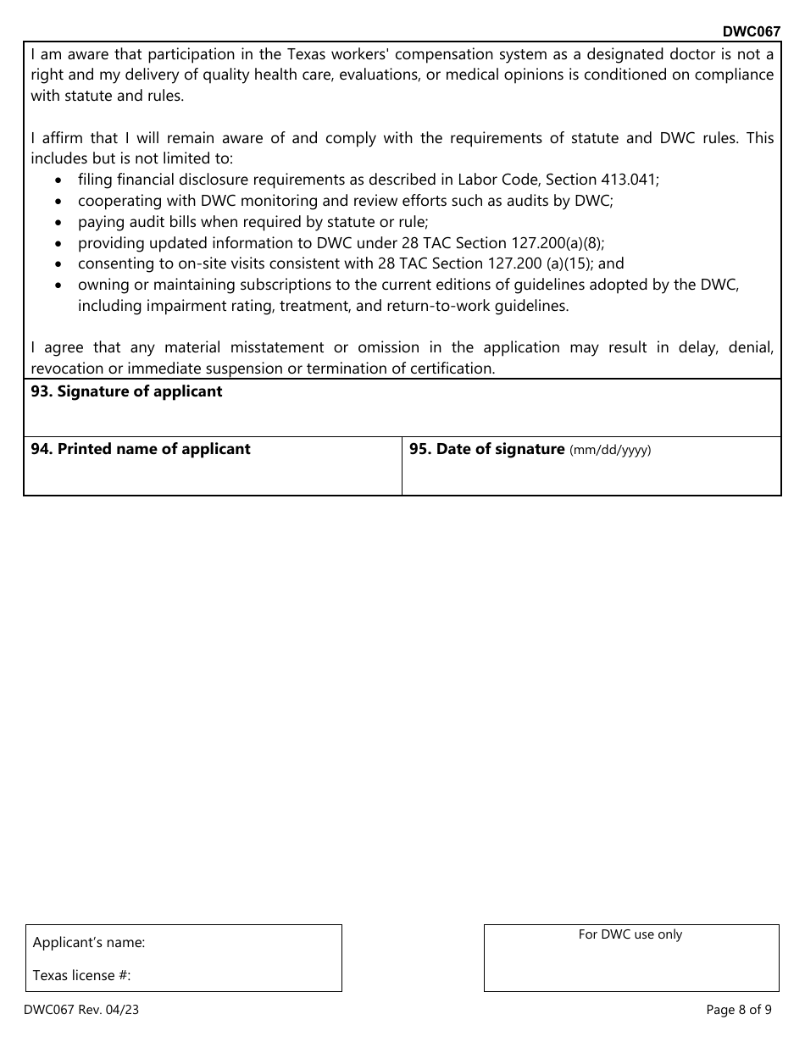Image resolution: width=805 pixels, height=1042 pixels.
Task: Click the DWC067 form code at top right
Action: click(751, 31)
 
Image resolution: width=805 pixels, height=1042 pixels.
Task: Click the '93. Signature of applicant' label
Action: click(126, 391)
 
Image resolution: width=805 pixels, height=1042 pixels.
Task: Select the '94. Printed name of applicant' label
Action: click(141, 449)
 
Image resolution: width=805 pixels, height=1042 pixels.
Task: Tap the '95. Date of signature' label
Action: click(486, 449)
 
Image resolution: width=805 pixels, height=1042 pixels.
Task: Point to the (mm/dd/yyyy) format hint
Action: click(610, 451)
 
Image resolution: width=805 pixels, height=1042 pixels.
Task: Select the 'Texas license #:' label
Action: click(81, 975)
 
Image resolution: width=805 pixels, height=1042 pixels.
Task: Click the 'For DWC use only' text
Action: click(630, 934)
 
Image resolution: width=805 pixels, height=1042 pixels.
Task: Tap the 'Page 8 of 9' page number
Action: click(739, 1009)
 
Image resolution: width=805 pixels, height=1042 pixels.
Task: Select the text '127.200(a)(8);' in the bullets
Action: click(558, 242)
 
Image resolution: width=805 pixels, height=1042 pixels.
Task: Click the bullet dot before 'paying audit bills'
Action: click(58, 223)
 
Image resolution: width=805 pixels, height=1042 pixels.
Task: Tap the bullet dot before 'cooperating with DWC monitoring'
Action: click(58, 202)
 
